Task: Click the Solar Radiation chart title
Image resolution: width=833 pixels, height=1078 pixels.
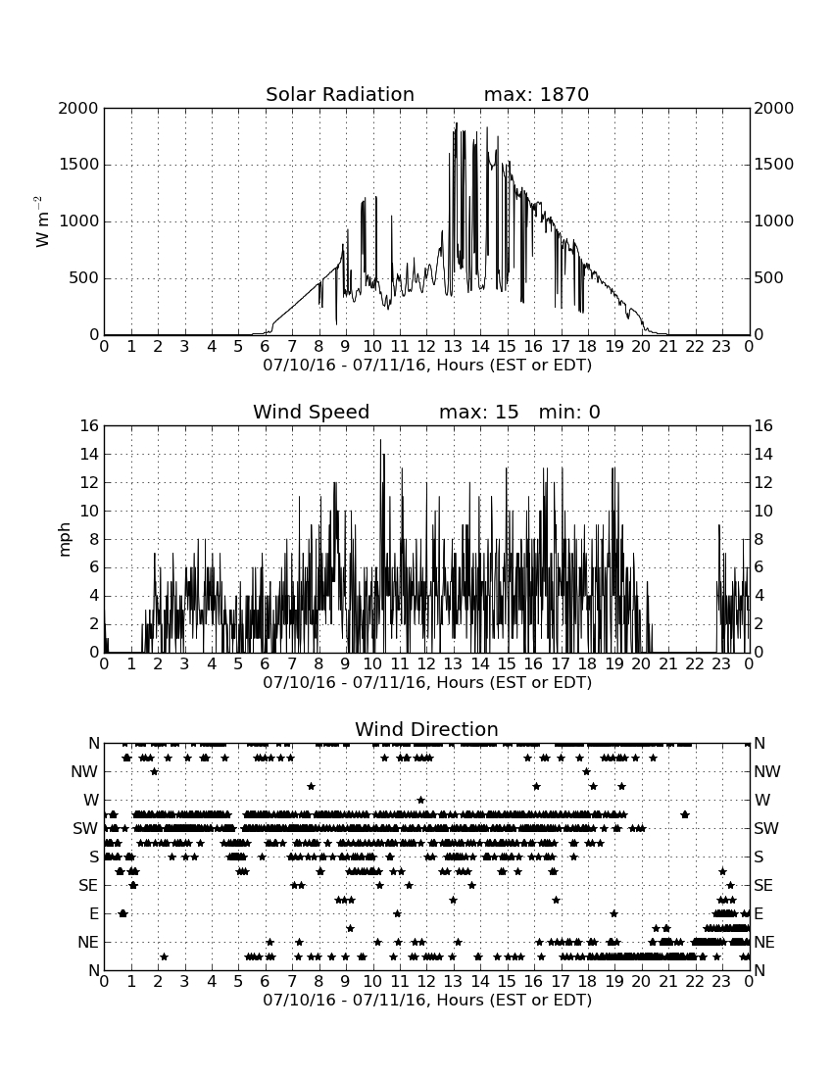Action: (x=339, y=94)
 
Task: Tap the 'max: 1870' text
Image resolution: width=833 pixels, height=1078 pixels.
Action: (x=536, y=94)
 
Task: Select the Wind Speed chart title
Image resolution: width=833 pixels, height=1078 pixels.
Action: (x=311, y=412)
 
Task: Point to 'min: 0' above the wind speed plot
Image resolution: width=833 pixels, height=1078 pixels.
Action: (x=569, y=412)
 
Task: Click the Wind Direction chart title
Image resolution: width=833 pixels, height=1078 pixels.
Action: (x=426, y=729)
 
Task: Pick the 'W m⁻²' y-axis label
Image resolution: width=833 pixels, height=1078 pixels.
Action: (x=42, y=221)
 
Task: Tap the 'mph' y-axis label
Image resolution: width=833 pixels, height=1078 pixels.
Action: (x=65, y=540)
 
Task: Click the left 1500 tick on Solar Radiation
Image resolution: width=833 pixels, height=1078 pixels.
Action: (x=79, y=165)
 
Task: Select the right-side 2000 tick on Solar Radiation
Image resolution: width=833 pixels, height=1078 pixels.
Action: (x=773, y=108)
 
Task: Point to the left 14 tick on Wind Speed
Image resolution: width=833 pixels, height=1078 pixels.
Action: (x=90, y=455)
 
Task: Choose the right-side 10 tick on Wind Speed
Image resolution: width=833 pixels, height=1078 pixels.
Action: (x=762, y=512)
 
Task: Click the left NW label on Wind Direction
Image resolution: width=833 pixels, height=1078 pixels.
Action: (x=84, y=772)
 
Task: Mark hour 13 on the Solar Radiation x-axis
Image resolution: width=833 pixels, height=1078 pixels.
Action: (x=453, y=347)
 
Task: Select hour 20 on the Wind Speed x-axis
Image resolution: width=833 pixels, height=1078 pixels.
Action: (x=641, y=664)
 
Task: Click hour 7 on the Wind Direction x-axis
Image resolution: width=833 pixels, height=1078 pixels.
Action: (x=292, y=982)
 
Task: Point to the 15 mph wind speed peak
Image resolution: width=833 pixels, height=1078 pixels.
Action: (x=380, y=441)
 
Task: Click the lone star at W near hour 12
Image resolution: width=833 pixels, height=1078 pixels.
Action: (x=420, y=801)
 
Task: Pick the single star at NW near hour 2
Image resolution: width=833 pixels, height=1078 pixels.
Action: (x=155, y=771)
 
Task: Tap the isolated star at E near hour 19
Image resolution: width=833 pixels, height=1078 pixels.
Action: (x=613, y=913)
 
